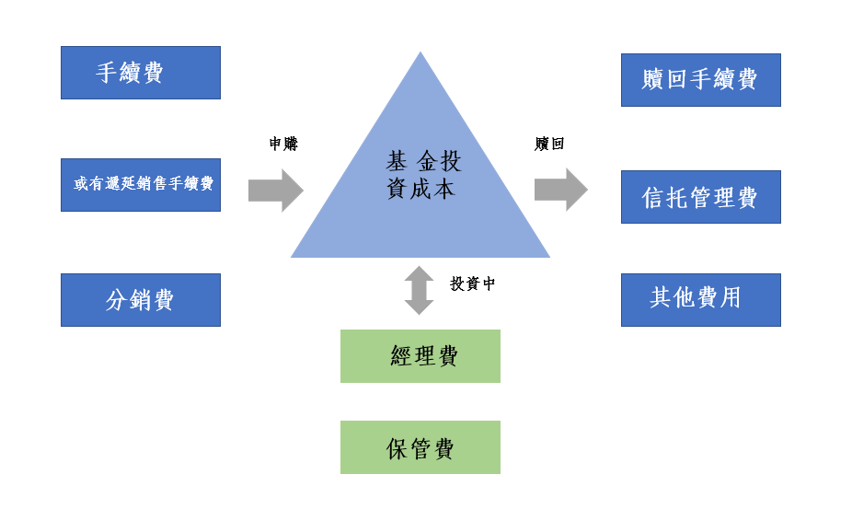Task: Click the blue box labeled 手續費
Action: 140,73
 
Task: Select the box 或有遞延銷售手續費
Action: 140,184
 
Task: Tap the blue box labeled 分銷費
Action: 140,299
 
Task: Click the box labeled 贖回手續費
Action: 700,79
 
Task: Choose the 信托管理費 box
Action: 700,196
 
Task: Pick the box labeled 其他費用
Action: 700,299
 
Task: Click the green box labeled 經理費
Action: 420,355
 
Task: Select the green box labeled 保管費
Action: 420,447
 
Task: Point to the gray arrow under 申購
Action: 275,191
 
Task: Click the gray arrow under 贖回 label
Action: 560,190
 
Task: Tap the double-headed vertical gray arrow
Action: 419,290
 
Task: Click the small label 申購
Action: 283,145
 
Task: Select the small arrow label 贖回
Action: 548,145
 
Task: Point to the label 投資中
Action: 472,283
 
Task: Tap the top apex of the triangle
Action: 420,54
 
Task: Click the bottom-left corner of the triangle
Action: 294,256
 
